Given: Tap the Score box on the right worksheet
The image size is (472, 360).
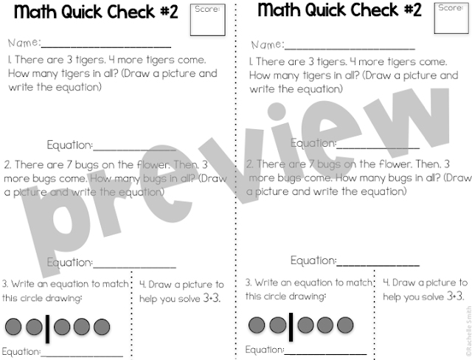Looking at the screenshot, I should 450,19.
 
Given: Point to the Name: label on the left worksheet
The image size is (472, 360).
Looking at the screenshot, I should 24,43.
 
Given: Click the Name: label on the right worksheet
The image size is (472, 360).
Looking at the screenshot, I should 267,45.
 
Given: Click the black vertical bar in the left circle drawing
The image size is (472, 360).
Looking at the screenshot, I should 48,328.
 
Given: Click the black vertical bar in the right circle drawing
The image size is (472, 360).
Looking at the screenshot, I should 291,325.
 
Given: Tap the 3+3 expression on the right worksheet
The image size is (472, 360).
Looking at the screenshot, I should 454,297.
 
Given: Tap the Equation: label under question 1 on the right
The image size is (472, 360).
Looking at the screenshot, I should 313,143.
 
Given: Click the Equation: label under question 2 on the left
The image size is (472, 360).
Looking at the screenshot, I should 70,263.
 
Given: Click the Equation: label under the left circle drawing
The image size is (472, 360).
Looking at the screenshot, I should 21,351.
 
